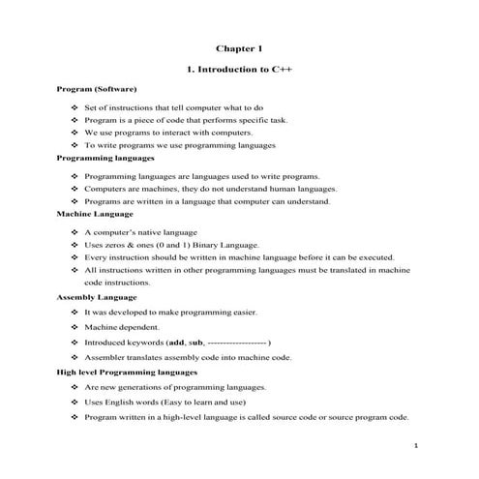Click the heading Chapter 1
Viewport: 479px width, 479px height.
tap(239, 47)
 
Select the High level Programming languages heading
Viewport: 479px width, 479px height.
tap(127, 371)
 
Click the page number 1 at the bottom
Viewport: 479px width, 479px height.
tap(414, 445)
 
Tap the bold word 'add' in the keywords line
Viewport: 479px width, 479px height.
tap(176, 343)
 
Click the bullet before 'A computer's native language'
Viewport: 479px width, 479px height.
tap(75, 233)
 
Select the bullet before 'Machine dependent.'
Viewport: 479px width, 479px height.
tap(75, 328)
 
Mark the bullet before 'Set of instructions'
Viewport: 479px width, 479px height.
tap(75, 107)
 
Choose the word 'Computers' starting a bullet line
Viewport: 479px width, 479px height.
tap(106, 190)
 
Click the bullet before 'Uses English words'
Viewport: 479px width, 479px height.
tap(75, 402)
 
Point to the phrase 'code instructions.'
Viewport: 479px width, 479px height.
tap(117, 284)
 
